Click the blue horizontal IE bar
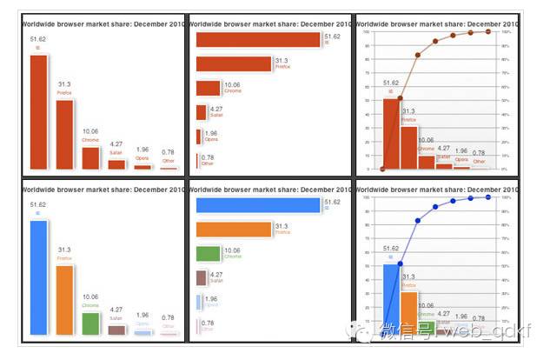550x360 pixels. tap(258, 205)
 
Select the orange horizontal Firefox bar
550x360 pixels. tap(234, 230)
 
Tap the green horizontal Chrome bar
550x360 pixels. tap(209, 254)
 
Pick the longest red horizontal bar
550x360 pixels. tap(258, 39)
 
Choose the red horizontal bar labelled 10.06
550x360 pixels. tap(209, 88)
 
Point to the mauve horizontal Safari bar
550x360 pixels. tap(202, 278)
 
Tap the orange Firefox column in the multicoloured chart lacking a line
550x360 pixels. tap(64, 300)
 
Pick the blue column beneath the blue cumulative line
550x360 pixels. tap(391, 299)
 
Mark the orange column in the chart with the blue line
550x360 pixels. tap(408, 313)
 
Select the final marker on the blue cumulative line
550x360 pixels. tap(488, 197)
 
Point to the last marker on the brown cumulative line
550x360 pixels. tap(488, 31)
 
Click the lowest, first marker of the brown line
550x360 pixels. tap(382, 169)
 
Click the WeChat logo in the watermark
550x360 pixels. tap(359, 330)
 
